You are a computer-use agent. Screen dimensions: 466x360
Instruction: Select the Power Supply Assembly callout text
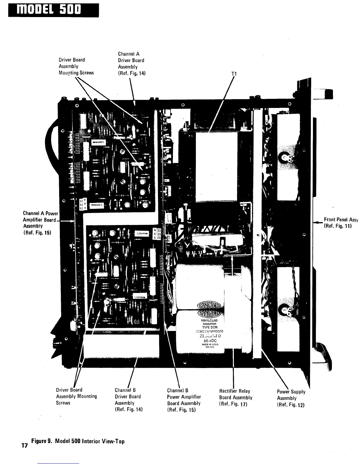pyautogui.click(x=291, y=398)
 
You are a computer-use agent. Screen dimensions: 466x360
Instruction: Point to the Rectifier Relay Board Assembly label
pyautogui.click(x=236, y=397)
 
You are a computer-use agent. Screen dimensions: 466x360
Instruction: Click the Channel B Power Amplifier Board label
pyautogui.click(x=184, y=400)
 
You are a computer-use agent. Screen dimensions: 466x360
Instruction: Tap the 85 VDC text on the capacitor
pyautogui.click(x=210, y=340)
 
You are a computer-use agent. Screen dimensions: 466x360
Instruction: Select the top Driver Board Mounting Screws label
pyautogui.click(x=76, y=66)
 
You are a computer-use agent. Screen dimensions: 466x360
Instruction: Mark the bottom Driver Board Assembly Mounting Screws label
pyautogui.click(x=76, y=396)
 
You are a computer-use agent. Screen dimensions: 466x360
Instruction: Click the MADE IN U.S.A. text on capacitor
pyautogui.click(x=210, y=344)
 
